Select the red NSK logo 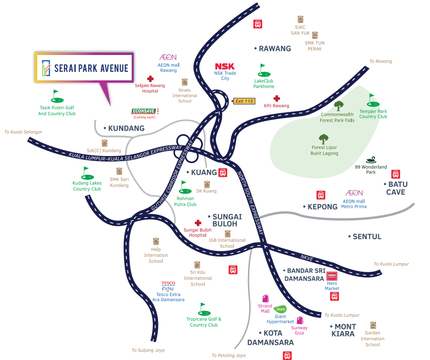tap(225, 66)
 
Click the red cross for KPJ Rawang tap(277, 99)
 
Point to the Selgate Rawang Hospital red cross tap(150, 79)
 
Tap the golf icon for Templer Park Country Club tap(372, 100)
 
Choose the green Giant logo tap(281, 309)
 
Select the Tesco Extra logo tap(168, 286)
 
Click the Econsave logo tap(145, 111)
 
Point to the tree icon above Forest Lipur tap(323, 139)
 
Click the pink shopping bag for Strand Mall tap(265, 298)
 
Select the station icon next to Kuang tap(223, 172)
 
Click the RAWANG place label tap(275, 48)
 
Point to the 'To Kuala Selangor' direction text tap(24, 132)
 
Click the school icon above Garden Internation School tap(373, 325)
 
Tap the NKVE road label tap(307, 258)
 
